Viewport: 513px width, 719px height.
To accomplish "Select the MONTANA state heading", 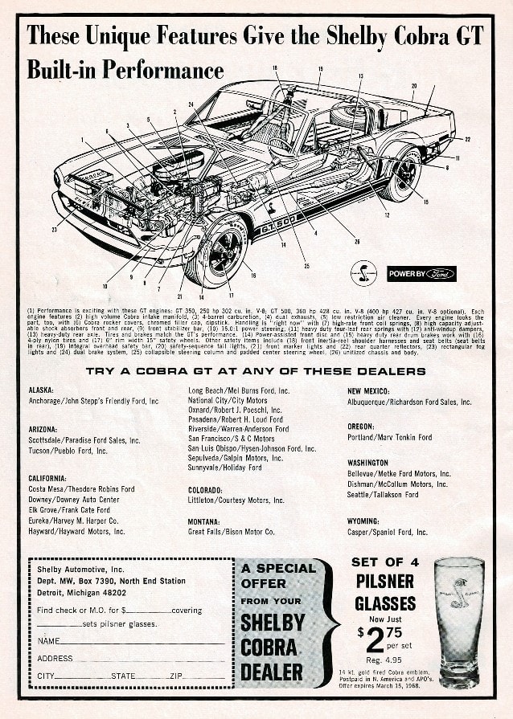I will (204, 521).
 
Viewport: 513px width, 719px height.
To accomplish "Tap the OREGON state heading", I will (361, 427).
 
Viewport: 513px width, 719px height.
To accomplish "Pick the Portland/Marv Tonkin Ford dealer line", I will (389, 438).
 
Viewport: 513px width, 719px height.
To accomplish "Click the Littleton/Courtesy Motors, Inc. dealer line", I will (236, 500).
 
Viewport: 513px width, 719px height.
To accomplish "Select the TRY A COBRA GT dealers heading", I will (256, 371).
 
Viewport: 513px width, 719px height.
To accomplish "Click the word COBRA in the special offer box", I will (272, 647).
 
